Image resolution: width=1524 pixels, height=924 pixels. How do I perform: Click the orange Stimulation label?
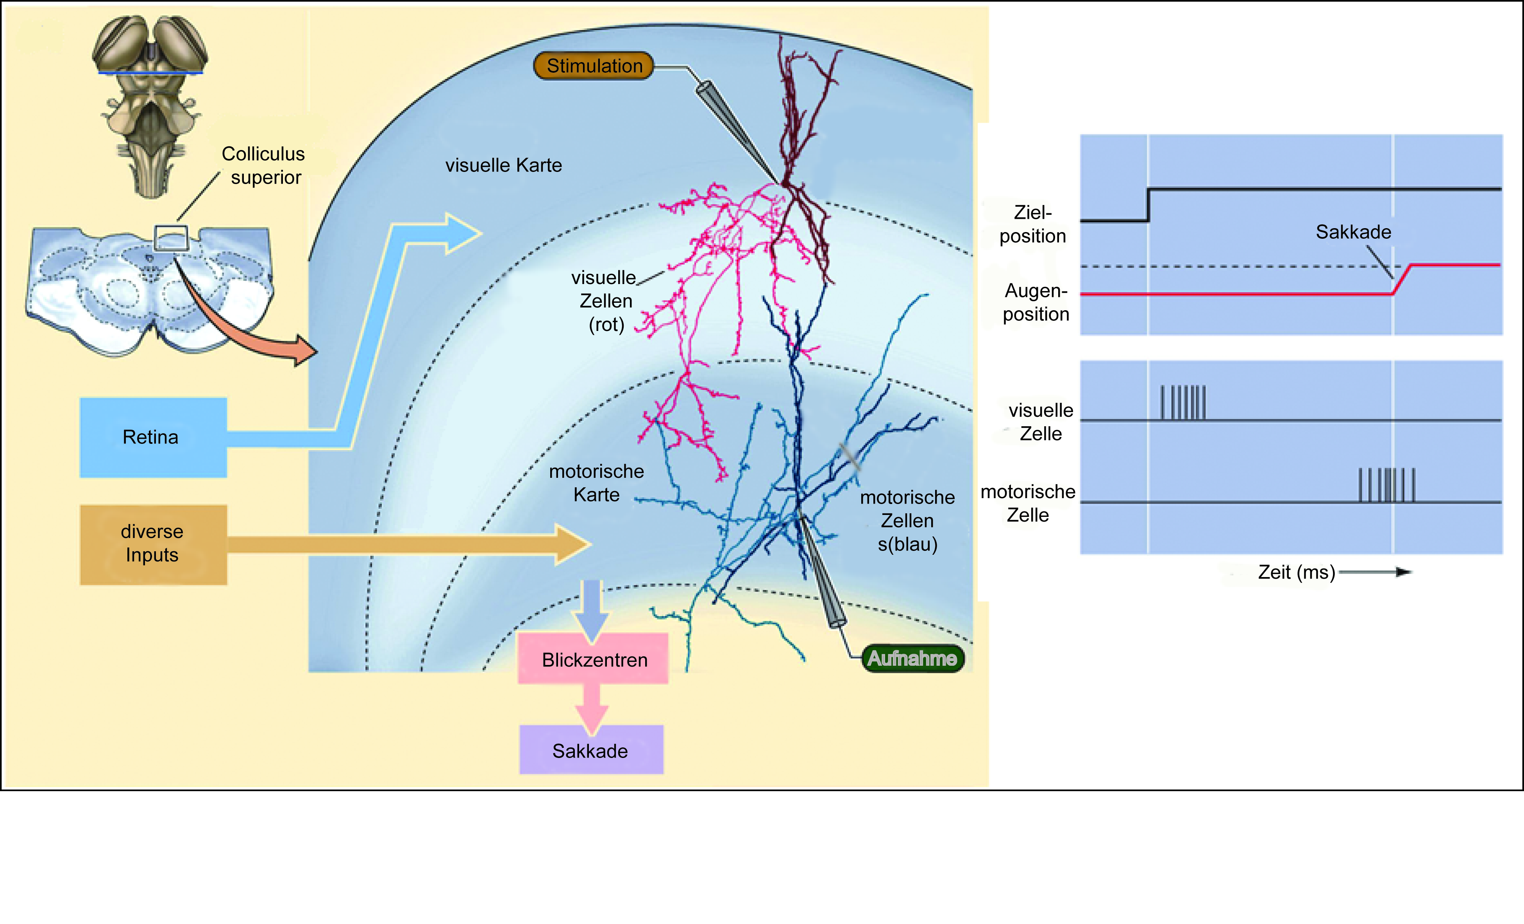point(594,66)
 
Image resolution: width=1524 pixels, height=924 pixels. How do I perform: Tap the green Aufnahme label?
point(913,658)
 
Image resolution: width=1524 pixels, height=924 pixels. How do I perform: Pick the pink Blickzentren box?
point(593,659)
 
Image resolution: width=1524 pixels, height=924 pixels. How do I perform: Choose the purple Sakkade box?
point(591,750)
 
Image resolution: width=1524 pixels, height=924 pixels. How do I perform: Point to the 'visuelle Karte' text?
point(503,165)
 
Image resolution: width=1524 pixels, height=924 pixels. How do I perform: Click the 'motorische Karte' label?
point(596,483)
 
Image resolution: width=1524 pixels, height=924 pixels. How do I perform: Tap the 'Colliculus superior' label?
point(263,165)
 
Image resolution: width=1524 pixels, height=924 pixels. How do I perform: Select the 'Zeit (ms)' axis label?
point(1297,572)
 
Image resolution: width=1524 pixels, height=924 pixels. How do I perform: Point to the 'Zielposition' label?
point(1033,224)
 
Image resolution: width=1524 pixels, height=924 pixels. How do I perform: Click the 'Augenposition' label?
point(1036,302)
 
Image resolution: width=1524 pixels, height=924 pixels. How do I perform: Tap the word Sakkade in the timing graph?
point(1353,232)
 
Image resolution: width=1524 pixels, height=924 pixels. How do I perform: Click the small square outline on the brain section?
point(171,238)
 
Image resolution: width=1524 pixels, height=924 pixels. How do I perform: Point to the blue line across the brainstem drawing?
point(150,73)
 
